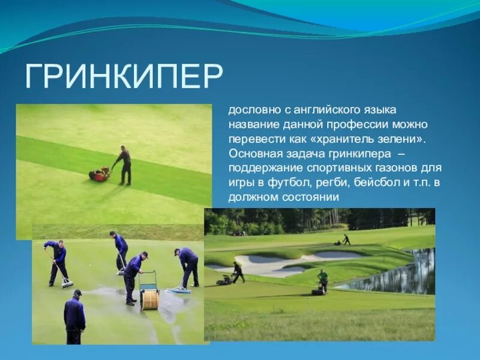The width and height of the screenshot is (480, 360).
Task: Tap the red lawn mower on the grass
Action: [x=100, y=175]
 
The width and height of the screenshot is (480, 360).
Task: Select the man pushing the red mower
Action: [x=124, y=164]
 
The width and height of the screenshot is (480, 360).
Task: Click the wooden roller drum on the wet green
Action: [x=149, y=299]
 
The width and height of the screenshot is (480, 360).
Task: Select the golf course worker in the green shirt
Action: [x=323, y=280]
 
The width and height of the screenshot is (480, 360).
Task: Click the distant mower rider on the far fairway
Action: [x=345, y=239]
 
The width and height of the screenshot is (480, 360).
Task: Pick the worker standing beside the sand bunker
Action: [x=238, y=272]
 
